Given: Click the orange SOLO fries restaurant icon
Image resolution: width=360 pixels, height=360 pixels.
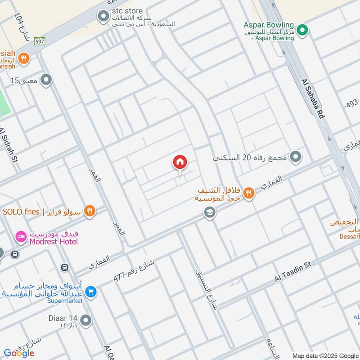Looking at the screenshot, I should pyautogui.click(x=90, y=211).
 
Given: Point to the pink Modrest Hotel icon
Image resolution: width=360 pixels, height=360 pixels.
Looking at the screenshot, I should pyautogui.click(x=21, y=236).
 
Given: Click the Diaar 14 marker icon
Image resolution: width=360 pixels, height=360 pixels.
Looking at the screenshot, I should pyautogui.click(x=85, y=321).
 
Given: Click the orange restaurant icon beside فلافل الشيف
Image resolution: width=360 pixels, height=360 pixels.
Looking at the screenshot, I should pyautogui.click(x=248, y=193).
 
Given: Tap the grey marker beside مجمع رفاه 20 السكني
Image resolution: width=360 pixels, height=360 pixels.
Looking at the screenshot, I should pyautogui.click(x=295, y=157).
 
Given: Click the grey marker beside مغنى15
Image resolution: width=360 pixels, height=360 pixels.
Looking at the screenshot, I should pyautogui.click(x=46, y=81).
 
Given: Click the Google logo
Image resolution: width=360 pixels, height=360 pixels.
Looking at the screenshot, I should pyautogui.click(x=19, y=353).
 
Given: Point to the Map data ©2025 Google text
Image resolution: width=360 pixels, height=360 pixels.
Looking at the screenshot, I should pyautogui.click(x=325, y=355).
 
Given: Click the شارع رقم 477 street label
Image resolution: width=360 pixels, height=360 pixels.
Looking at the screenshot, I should pyautogui.click(x=134, y=270).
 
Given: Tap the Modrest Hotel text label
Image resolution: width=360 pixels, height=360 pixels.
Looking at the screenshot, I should pyautogui.click(x=54, y=242).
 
